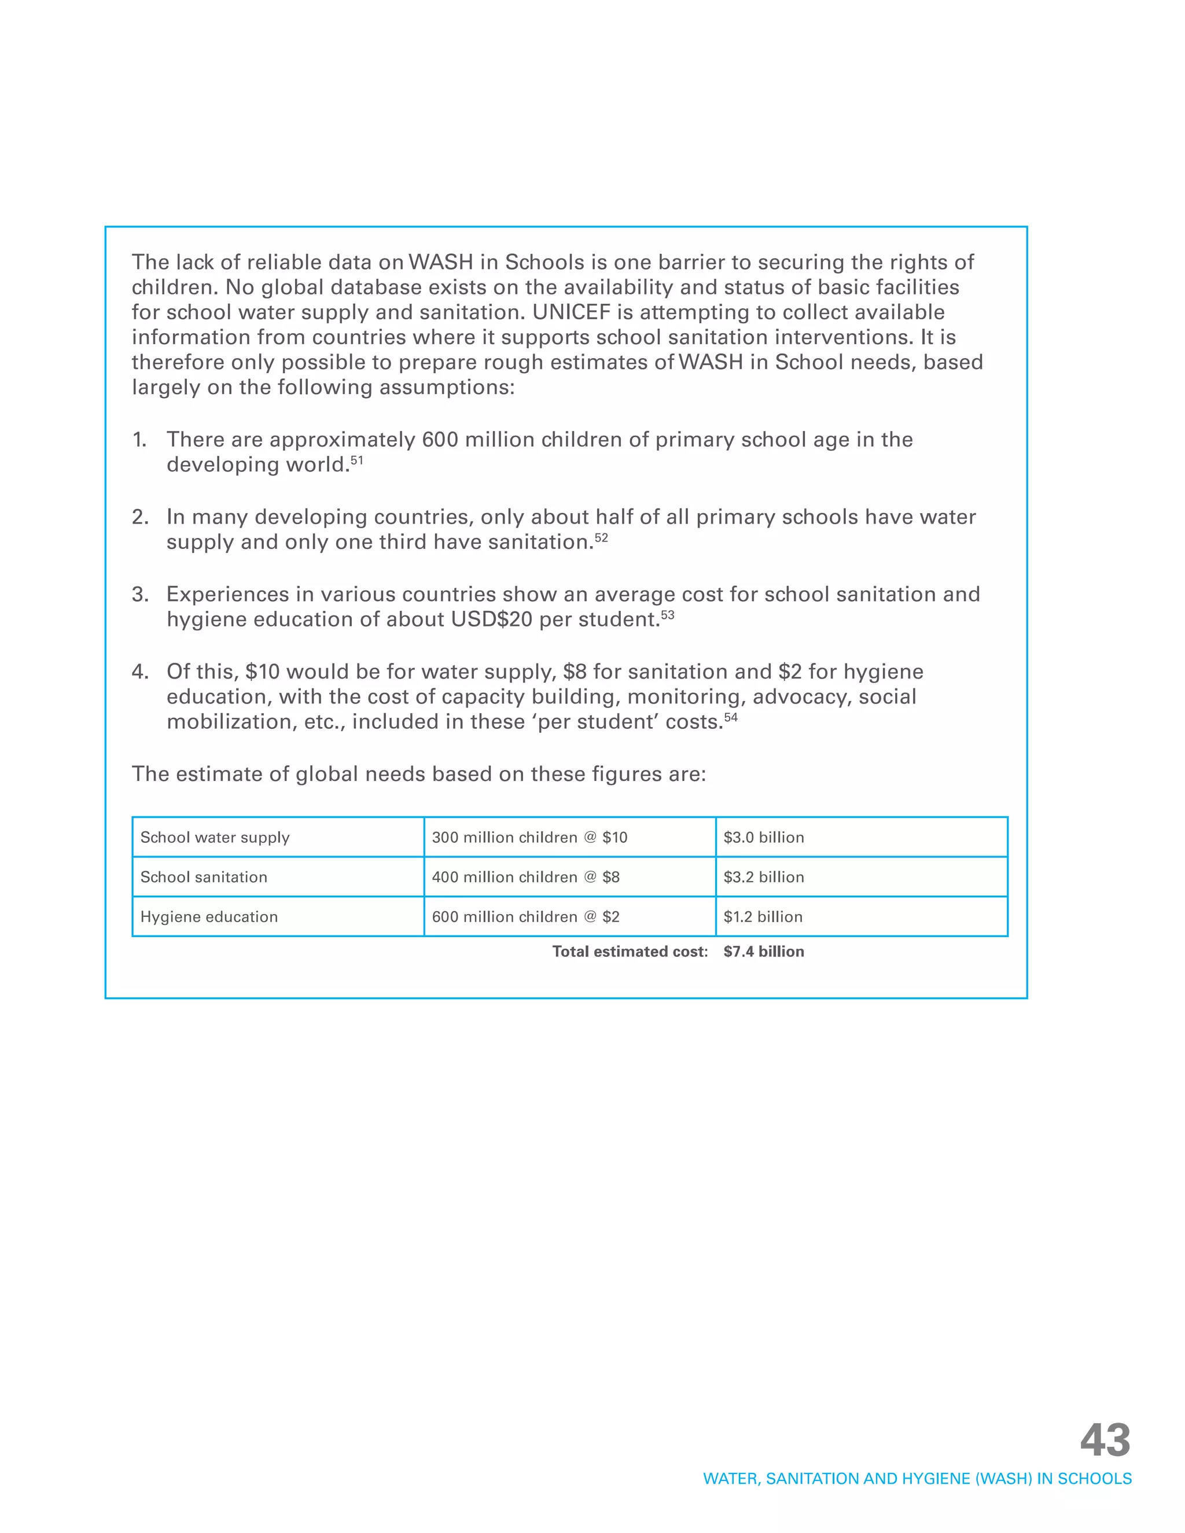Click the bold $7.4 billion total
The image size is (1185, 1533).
pyautogui.click(x=764, y=952)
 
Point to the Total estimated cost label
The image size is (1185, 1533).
pyautogui.click(x=630, y=952)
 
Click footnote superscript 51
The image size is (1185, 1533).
pyautogui.click(x=356, y=460)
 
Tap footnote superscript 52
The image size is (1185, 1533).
pyautogui.click(x=601, y=537)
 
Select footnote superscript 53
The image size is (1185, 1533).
pyautogui.click(x=667, y=615)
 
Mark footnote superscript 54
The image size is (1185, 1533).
pyautogui.click(x=731, y=717)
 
